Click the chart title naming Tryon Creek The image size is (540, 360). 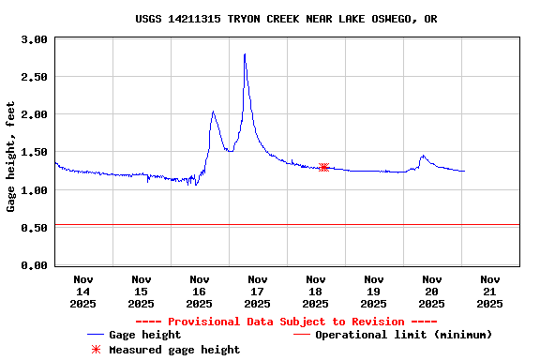coord(286,19)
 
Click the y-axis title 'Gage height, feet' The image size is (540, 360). coord(11,157)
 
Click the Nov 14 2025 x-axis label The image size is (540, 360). coord(83,291)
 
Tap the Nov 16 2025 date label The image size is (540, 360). coord(200,291)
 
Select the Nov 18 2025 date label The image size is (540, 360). coord(316,291)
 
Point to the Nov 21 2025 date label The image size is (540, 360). coord(489,291)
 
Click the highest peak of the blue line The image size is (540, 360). coord(245,54)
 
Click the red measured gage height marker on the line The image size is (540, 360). coord(323,168)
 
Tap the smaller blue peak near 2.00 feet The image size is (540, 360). coord(213,112)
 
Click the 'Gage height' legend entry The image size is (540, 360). coord(144,335)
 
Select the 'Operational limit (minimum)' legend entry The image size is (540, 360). coord(403,335)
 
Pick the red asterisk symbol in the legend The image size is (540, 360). coord(95,350)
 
